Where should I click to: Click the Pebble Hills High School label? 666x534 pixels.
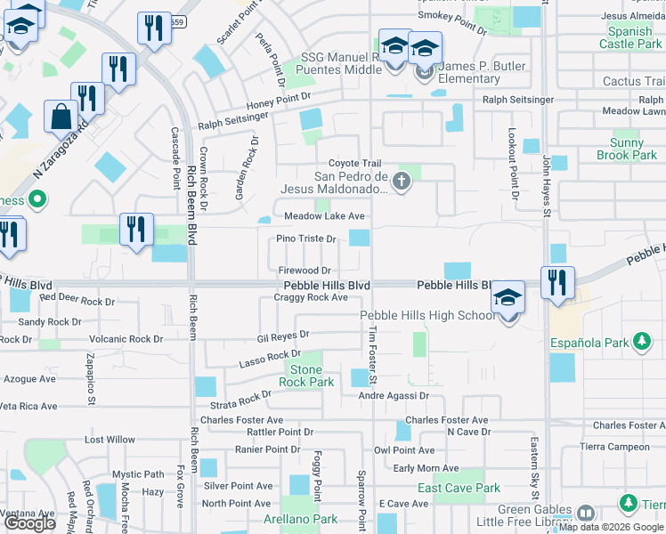427,316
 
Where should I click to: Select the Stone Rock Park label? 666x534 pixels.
306,376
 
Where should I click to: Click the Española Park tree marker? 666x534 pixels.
641,341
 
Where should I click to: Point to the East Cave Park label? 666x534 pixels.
459,488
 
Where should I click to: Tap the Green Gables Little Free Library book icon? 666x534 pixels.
585,513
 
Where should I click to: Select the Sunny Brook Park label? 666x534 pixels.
633,149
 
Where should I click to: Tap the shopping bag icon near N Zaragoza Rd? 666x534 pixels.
61,117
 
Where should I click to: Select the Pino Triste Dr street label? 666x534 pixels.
305,239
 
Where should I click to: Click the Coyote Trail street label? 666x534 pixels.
354,163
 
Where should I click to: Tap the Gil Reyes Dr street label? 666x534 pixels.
282,337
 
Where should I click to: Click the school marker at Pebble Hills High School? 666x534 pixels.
508,296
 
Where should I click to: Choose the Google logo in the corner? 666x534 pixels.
29,523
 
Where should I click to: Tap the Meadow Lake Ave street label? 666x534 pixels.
324,216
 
